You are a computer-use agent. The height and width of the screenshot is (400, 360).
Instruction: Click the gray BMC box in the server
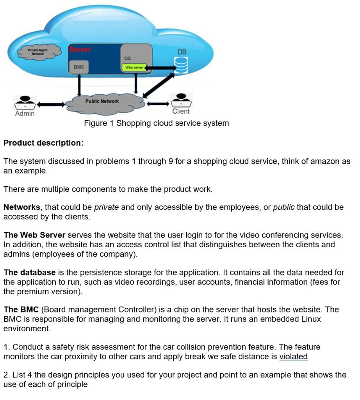(79, 67)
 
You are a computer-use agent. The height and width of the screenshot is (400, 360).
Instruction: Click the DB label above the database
(182, 52)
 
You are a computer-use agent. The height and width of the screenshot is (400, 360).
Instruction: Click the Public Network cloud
(102, 102)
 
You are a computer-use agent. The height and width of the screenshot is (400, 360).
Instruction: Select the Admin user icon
(25, 102)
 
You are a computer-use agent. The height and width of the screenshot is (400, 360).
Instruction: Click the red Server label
(80, 50)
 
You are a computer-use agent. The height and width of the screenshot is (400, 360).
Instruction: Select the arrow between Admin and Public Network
(51, 104)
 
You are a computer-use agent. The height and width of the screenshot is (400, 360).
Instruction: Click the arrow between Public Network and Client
(158, 104)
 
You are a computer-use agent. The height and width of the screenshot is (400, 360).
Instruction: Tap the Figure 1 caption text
(156, 123)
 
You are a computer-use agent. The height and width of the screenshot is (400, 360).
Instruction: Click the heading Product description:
(43, 143)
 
